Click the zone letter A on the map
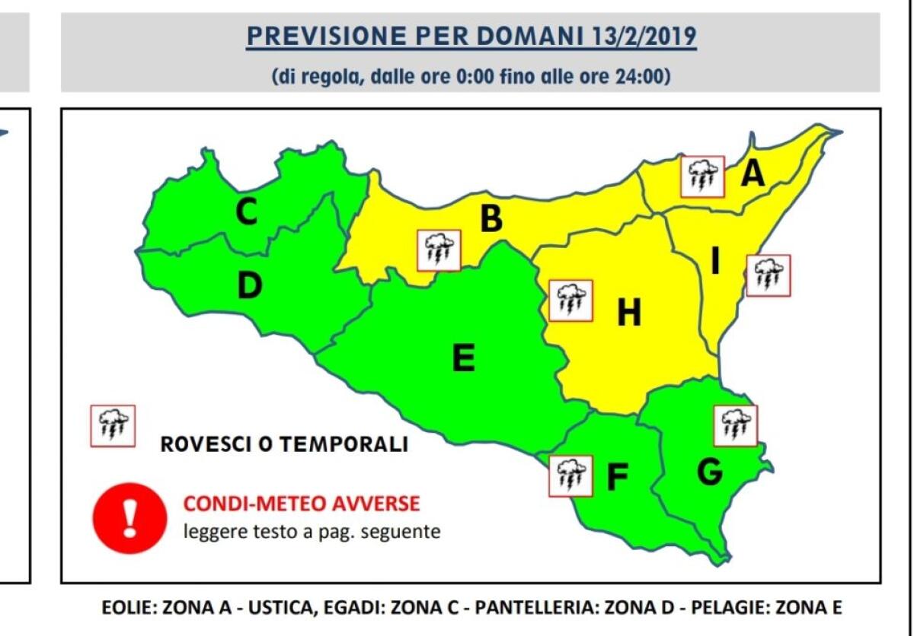(753, 174)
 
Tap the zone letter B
(491, 219)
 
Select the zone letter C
(246, 212)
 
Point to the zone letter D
(249, 286)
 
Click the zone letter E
(463, 358)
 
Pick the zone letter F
(616, 478)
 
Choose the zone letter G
(709, 472)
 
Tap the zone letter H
(628, 313)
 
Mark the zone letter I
(715, 261)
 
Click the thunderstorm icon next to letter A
(702, 176)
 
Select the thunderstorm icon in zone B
(439, 250)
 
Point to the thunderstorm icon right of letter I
(769, 275)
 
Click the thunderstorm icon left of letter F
(570, 475)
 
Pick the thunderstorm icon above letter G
(735, 425)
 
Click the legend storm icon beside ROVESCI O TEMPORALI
(113, 426)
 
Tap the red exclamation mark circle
(129, 520)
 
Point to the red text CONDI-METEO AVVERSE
(301, 504)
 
